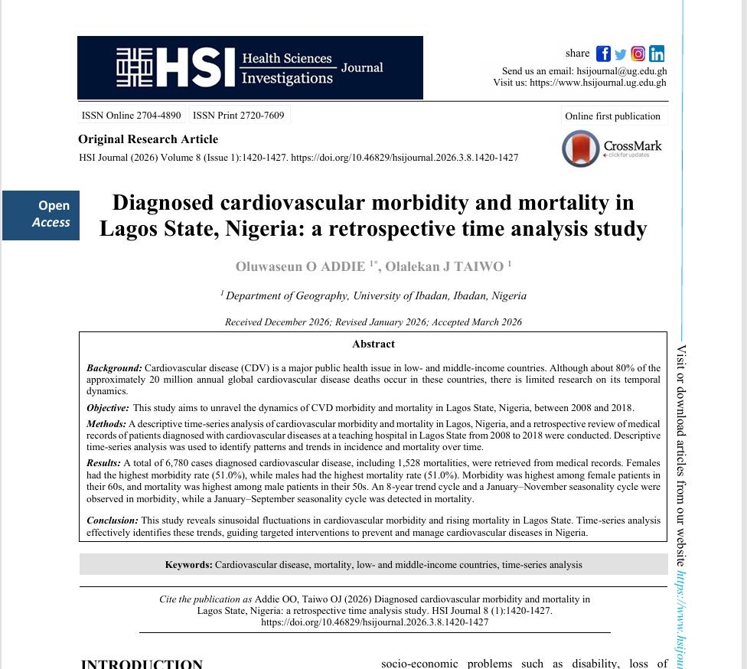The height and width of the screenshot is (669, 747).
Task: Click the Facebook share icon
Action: click(603, 54)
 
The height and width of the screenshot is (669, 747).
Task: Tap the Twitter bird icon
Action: click(621, 54)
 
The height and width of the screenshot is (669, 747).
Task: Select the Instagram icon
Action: click(638, 54)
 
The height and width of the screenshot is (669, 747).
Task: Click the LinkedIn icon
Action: click(657, 54)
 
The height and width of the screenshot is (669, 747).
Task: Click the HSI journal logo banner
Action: click(250, 67)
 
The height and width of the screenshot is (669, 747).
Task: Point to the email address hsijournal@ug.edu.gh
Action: click(621, 70)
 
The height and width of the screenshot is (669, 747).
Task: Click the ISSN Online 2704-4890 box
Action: click(131, 116)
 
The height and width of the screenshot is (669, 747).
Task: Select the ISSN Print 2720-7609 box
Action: click(238, 116)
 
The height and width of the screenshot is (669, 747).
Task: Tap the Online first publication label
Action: click(612, 116)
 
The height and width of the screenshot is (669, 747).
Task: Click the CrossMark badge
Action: click(612, 148)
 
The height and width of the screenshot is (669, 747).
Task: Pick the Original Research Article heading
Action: click(148, 139)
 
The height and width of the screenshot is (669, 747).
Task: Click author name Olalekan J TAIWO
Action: click(444, 266)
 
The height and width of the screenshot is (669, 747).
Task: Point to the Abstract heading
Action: click(373, 344)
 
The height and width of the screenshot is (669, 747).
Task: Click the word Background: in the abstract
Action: click(114, 368)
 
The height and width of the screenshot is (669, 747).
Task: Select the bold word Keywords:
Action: click(188, 565)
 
